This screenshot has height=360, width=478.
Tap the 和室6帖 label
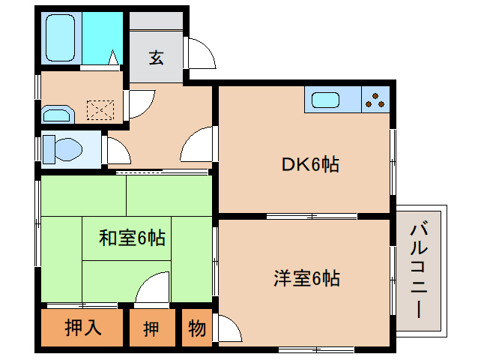[133, 239]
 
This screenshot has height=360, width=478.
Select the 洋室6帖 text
[306, 279]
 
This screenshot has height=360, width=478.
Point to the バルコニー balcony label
[420, 269]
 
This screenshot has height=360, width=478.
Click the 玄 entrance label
[156, 58]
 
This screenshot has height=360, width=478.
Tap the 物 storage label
[196, 328]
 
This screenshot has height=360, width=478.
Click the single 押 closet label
[151, 328]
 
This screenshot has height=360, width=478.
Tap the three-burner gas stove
[376, 100]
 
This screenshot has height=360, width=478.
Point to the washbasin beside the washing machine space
[56, 114]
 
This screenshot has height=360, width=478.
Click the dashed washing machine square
[100, 110]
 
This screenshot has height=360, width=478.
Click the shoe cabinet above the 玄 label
[156, 22]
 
